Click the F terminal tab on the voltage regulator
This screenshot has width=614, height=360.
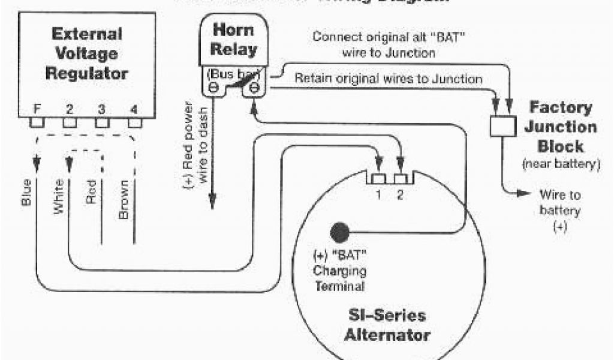pyautogui.click(x=38, y=122)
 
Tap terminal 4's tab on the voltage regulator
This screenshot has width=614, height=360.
pyautogui.click(x=135, y=122)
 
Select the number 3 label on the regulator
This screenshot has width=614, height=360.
pyautogui.click(x=102, y=109)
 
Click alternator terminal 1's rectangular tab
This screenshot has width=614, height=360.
pyautogui.click(x=378, y=179)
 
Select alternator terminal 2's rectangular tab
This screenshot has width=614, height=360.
pyautogui.click(x=400, y=179)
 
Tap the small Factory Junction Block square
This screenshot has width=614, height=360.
pyautogui.click(x=502, y=127)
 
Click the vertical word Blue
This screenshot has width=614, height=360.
pyautogui.click(x=26, y=191)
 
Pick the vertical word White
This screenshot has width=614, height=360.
pyautogui.click(x=59, y=197)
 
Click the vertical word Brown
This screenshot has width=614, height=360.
pyautogui.click(x=124, y=199)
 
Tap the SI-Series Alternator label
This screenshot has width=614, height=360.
pyautogui.click(x=387, y=325)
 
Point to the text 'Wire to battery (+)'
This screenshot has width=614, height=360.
pyautogui.click(x=559, y=211)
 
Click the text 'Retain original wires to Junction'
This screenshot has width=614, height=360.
pyautogui.click(x=388, y=79)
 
